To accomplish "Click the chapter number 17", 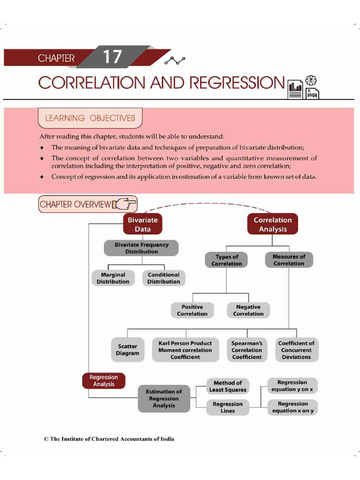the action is pos(112,57).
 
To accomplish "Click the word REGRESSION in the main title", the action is pos(237,83).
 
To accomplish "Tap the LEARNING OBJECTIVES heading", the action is pos(90,118).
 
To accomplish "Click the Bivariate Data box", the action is pos(142,225).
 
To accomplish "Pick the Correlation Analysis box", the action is pos(272,225).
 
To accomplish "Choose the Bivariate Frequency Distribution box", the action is pos(141,248).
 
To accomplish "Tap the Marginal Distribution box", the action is pos(113,278).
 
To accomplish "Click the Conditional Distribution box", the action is pos(164,278).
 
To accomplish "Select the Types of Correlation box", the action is pos(226,260).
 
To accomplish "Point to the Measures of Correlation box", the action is pos(289,260).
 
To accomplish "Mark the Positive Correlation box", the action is pos(192,310).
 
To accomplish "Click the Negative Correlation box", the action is pos(248,310).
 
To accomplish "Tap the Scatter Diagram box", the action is pos(127,350).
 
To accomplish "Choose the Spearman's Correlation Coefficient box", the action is pos(247,350).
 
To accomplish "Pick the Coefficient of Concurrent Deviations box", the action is pos(296,350).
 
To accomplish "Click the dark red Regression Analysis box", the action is pos(104,381).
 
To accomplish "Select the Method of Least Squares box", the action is pos(227,386).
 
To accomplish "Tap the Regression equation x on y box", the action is pos(292,407).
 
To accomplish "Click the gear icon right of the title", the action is pos(310,80).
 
